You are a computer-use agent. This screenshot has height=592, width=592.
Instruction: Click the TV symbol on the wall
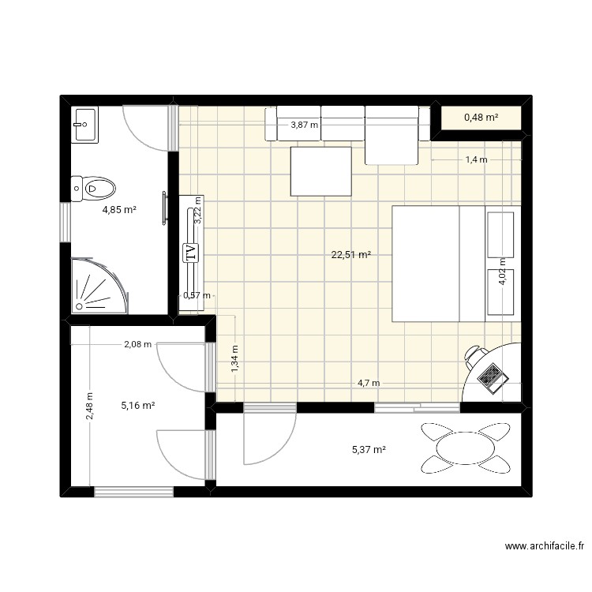point(190,253)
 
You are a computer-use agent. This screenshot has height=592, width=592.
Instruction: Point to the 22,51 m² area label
point(351,255)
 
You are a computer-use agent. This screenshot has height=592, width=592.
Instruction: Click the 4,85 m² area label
point(119,210)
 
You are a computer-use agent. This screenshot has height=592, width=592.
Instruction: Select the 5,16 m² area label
point(137,406)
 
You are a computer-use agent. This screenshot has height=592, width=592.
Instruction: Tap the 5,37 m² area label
point(369,450)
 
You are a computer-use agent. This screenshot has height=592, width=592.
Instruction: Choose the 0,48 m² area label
point(481,118)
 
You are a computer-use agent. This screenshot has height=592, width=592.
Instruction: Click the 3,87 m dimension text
point(304,125)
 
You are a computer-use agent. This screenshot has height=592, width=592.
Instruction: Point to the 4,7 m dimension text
point(369,384)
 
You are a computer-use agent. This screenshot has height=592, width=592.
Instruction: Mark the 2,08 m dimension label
point(137,344)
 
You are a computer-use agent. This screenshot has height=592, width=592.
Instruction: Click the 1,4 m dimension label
point(476,160)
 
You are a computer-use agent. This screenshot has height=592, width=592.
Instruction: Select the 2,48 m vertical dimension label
point(90,407)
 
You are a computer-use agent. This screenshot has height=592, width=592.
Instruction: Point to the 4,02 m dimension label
point(502,278)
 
